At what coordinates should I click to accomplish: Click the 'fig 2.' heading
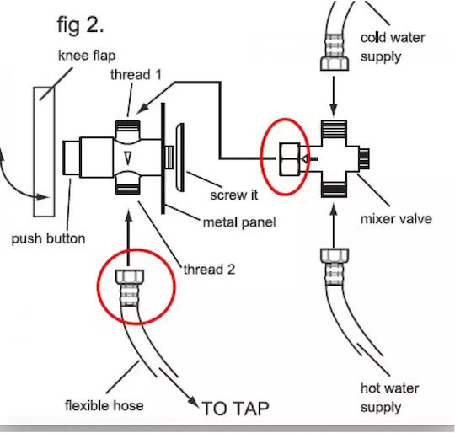point(80,25)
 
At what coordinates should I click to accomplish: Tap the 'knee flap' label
point(87,56)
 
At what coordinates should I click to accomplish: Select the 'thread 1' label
point(136,74)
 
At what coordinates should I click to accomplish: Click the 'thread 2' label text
point(209,269)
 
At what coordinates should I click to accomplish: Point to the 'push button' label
point(48,239)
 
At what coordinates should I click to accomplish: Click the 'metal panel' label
point(239,222)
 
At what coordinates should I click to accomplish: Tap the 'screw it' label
point(234,195)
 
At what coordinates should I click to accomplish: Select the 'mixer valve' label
point(396,219)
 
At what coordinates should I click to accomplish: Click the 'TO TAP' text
point(235,409)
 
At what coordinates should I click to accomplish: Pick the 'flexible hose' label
point(104,405)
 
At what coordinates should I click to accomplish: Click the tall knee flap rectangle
point(44,152)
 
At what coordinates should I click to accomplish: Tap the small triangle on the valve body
point(128,158)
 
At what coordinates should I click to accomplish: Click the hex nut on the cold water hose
point(335,63)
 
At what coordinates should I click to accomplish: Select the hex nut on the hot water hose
point(335,255)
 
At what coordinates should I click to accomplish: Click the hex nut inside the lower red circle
point(130,276)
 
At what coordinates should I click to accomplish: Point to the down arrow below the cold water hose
point(334,96)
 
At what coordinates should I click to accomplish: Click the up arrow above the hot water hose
point(334,226)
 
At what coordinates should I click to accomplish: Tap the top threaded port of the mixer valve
point(334,130)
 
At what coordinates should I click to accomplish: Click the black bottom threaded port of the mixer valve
point(334,190)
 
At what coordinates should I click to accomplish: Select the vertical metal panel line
point(163,158)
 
